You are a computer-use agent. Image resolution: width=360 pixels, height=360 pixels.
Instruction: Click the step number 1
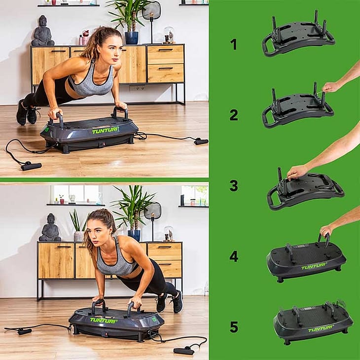point(233,44)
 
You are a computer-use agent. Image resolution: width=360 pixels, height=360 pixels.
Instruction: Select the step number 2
point(234,115)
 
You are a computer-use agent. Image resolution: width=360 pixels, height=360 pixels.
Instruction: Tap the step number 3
point(234,186)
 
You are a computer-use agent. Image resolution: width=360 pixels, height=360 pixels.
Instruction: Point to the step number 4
point(234,256)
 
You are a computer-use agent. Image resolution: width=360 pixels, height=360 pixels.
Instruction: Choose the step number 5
point(234,327)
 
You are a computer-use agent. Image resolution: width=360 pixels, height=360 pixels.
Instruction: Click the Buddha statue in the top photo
point(43,31)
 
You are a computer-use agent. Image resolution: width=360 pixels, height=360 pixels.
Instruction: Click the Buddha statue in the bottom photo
point(50,227)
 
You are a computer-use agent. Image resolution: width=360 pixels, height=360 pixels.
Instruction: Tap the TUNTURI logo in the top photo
point(106,131)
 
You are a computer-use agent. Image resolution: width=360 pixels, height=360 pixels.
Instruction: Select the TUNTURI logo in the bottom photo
point(103,320)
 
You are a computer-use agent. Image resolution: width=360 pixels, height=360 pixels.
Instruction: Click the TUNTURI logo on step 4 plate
point(314,267)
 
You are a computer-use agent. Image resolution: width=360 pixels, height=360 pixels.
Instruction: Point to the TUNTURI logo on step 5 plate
point(321,329)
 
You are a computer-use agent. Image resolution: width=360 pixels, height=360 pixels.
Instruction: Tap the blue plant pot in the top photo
point(132,38)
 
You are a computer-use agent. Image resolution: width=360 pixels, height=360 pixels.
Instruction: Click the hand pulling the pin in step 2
point(330,87)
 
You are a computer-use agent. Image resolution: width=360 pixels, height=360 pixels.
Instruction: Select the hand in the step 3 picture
point(297,172)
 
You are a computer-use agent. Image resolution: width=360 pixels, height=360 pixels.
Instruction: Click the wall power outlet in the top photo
point(137,88)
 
